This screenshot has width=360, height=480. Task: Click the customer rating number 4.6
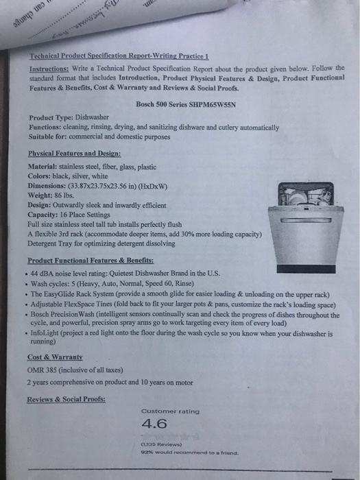[154, 424]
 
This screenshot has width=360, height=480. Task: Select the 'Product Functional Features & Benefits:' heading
[91, 260]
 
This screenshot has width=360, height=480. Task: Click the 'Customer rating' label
[170, 411]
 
